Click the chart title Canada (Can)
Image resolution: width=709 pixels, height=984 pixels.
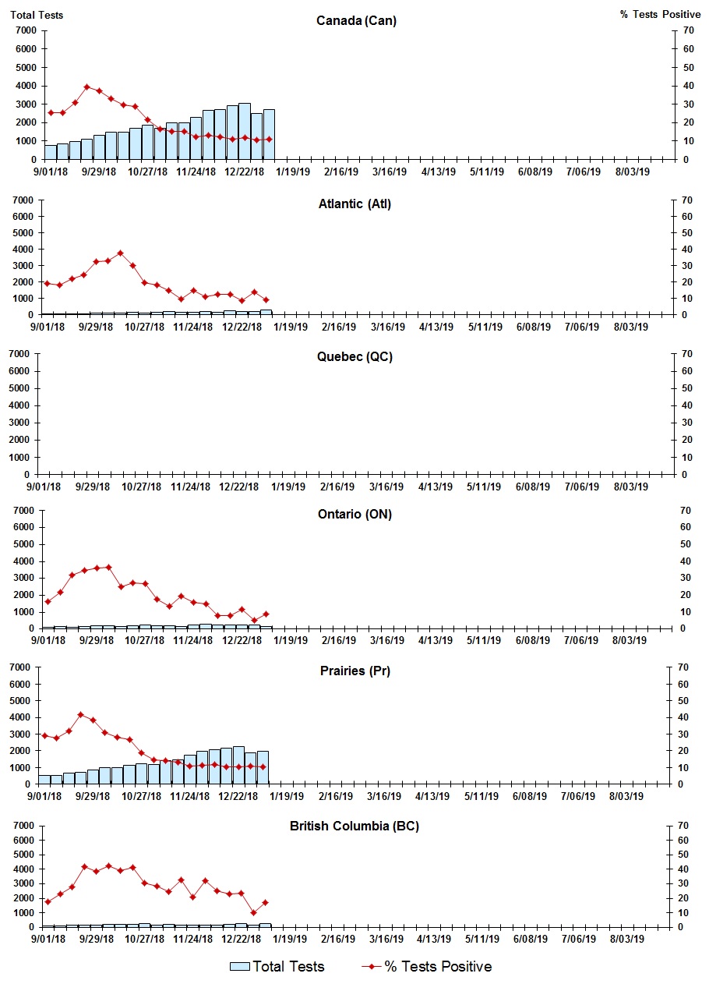[x=356, y=20]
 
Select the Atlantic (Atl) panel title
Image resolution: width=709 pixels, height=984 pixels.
[x=354, y=204]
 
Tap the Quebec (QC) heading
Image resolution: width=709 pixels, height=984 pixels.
[x=354, y=357]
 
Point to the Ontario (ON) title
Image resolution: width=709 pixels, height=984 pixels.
[x=354, y=515]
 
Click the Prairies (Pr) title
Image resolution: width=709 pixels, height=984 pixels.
[x=354, y=671]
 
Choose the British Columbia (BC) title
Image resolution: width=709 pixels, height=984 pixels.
[x=354, y=826]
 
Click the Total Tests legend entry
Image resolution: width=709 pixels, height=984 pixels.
[x=277, y=967]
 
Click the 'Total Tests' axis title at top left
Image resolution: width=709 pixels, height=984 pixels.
[x=37, y=15]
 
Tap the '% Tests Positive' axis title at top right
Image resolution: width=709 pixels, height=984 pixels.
[x=660, y=15]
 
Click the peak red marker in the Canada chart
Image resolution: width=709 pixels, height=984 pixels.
[x=86, y=87]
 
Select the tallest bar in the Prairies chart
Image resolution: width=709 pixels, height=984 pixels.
[x=238, y=765]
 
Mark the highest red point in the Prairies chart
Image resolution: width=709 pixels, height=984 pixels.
[x=80, y=714]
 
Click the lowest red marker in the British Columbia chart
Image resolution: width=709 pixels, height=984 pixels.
[x=253, y=912]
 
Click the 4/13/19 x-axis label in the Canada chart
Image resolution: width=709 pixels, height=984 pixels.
[x=438, y=172]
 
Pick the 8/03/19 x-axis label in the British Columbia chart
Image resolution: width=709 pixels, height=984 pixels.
[x=631, y=940]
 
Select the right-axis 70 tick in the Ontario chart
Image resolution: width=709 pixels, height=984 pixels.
[x=686, y=510]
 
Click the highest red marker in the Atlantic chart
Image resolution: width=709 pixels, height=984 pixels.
[x=120, y=253]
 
